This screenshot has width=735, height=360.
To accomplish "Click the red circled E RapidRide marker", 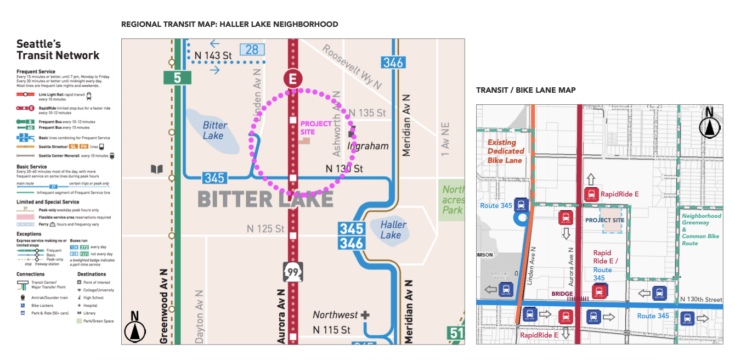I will (293, 78).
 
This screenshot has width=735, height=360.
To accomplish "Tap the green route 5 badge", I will (177, 77).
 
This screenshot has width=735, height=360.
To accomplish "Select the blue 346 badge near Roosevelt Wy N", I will (393, 62).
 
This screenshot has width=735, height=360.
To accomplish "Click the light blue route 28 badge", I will (252, 50).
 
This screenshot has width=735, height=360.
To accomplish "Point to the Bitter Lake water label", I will (214, 130).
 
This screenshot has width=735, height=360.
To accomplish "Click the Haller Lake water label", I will (393, 229).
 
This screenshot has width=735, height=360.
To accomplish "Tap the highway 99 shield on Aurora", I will (292, 271).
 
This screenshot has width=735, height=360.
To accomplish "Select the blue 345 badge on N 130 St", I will (214, 178).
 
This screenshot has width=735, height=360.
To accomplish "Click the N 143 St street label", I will (213, 55).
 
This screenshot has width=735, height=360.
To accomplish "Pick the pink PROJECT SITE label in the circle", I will (315, 128).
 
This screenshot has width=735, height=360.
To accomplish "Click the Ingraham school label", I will (368, 146).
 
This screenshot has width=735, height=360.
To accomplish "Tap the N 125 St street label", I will (265, 228).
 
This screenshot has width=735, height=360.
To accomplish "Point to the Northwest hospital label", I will (335, 315).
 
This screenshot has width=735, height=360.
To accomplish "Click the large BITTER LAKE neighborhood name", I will (265, 199).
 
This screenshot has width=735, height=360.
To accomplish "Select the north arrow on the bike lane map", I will (709, 124).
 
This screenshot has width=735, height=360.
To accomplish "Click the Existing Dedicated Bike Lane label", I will (506, 151).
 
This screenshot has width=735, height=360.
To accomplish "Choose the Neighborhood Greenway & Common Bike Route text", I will (702, 229).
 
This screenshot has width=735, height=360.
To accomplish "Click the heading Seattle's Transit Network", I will (58, 50).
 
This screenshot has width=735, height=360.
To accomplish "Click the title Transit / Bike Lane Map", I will (525, 90).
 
